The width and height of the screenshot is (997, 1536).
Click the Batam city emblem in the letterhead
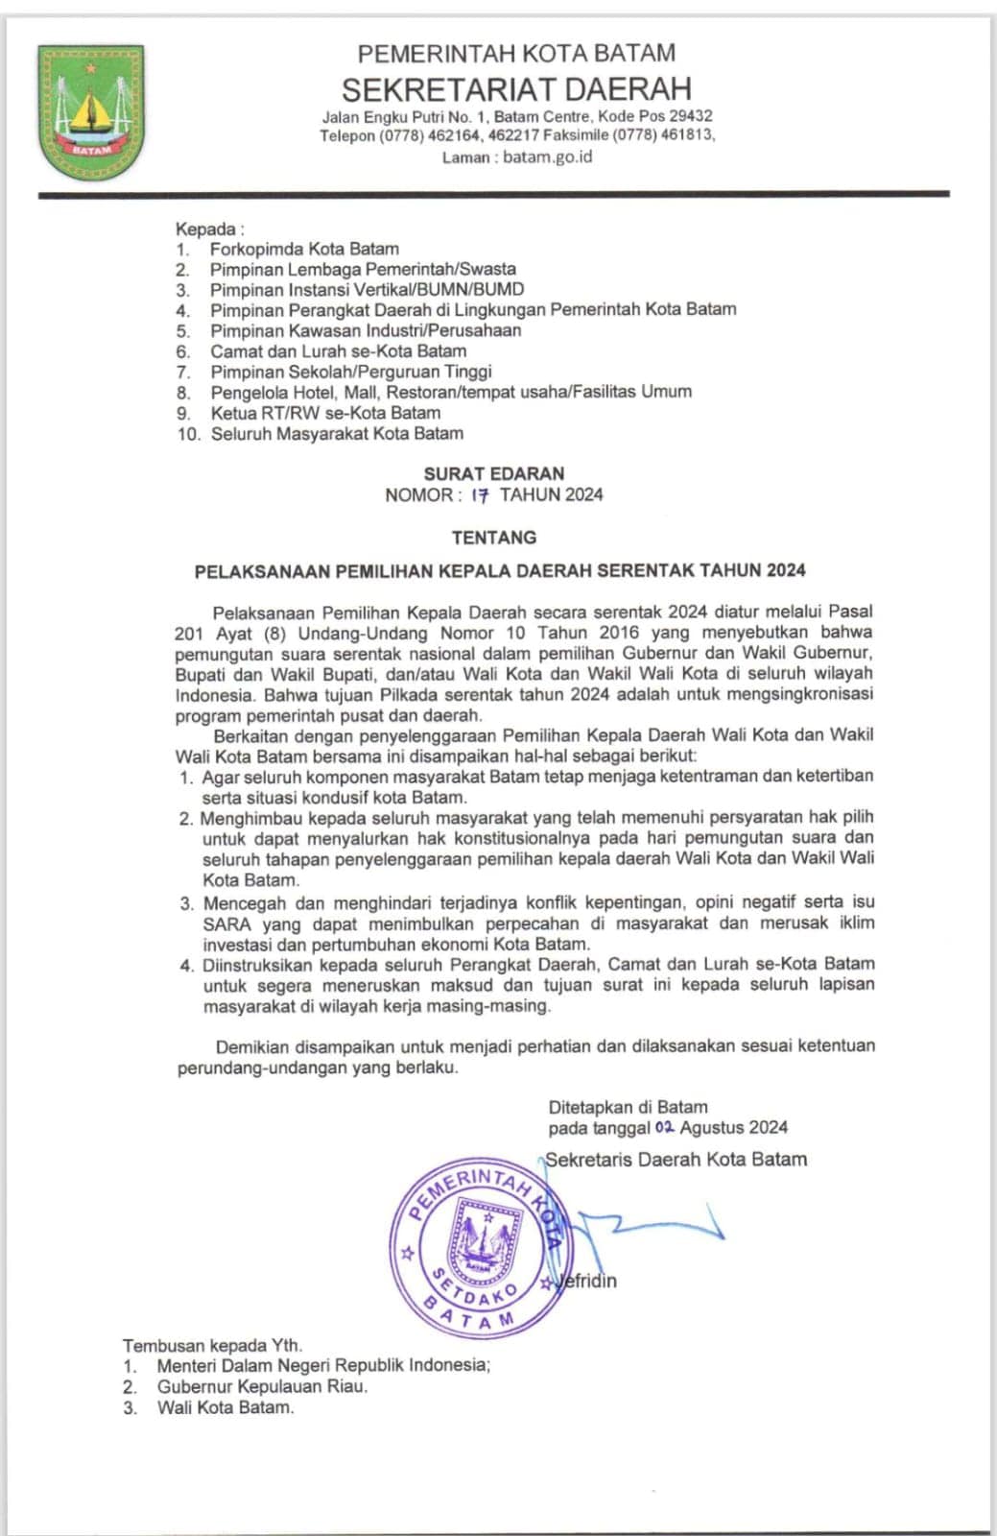91,112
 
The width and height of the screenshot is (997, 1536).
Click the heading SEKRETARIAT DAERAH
516,89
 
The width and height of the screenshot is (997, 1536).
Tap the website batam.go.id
548,156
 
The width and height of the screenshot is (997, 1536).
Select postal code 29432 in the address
691,116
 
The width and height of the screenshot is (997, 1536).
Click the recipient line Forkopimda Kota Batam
304,249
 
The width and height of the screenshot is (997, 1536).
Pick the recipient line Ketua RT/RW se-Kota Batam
325,413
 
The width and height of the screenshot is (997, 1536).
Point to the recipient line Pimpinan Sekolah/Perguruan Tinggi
350,372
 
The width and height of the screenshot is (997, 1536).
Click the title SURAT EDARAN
494,473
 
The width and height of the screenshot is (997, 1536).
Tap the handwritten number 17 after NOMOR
480,495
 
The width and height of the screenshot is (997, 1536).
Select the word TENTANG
494,538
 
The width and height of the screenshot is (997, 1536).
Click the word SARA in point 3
226,924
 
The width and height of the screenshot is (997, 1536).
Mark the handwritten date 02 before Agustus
664,1127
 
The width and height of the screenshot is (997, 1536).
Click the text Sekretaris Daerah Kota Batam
677,1160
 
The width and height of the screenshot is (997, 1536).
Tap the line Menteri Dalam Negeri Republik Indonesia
323,1365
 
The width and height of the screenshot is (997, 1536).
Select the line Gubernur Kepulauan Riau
262,1386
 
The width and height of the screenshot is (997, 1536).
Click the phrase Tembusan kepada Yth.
212,1346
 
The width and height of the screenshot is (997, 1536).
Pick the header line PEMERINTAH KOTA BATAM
516,53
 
